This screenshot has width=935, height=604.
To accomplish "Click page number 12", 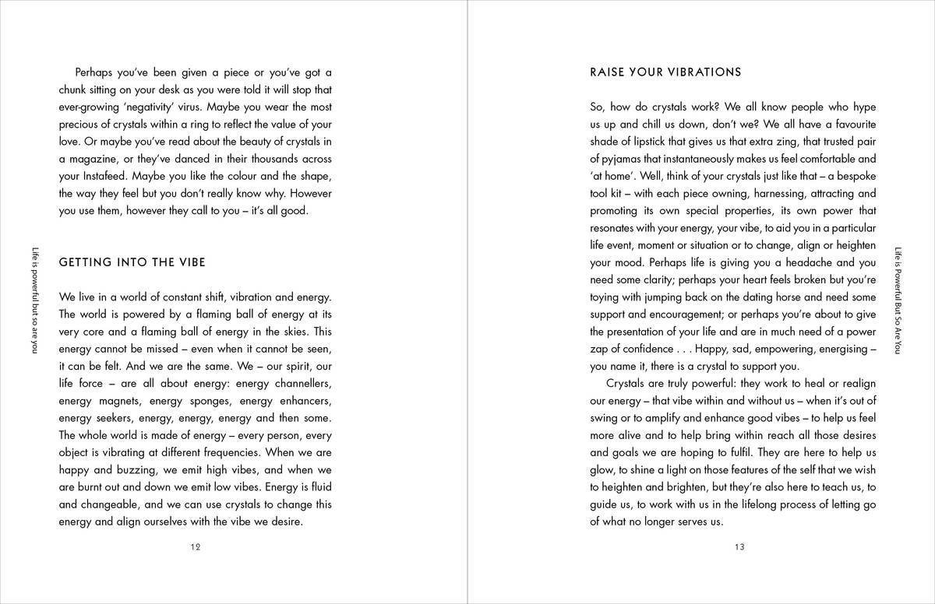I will pyautogui.click(x=196, y=547).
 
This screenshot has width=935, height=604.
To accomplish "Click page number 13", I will pyautogui.click(x=739, y=547).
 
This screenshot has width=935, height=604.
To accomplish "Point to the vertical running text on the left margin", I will pyautogui.click(x=34, y=299).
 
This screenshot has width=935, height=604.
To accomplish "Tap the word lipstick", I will pyautogui.click(x=656, y=141).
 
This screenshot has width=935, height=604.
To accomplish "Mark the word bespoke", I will pyautogui.click(x=852, y=176).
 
